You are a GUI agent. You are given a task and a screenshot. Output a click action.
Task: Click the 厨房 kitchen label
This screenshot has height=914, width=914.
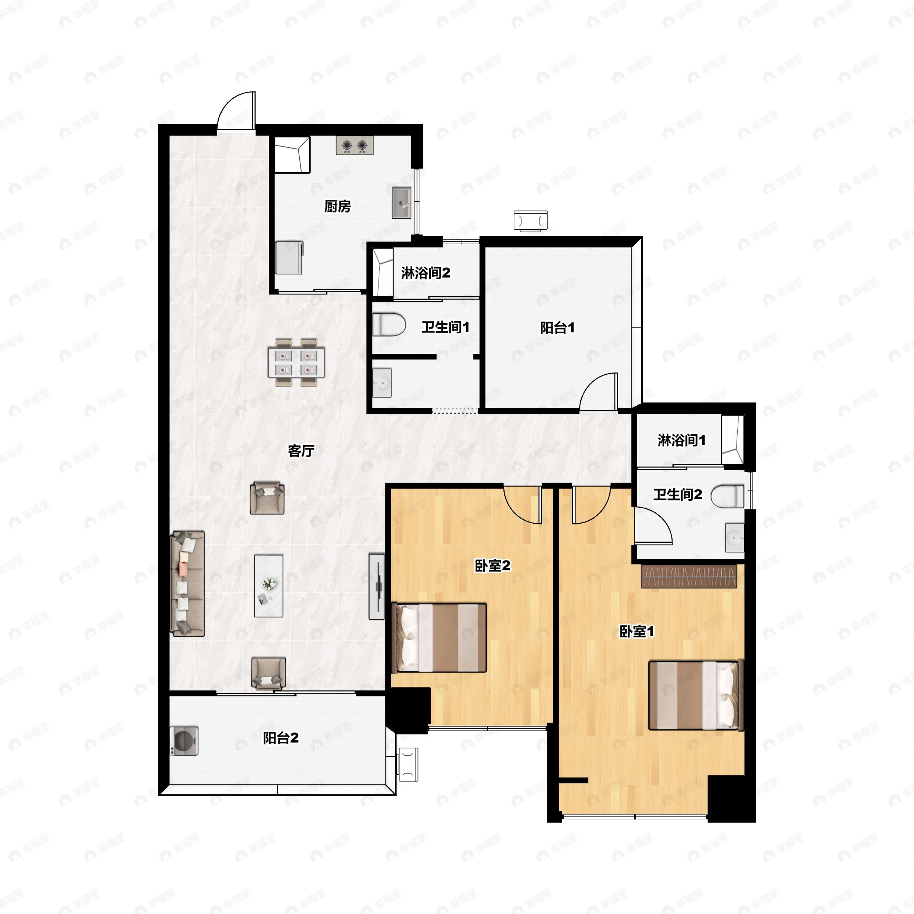coord(337,206)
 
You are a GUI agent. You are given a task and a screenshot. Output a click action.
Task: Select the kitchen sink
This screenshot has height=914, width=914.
coord(401,203)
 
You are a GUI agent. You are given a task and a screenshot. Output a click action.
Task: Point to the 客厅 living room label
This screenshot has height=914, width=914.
coord(301,451)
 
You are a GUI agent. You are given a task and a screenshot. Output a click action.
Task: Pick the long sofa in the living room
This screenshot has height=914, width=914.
coord(188,583)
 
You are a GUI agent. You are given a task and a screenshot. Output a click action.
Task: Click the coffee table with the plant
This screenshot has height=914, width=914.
coord(269,586)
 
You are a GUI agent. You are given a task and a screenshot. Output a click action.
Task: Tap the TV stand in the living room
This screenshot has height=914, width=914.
coord(377,586)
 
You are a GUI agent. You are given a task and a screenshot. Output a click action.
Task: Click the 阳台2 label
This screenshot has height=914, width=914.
coord(281,738)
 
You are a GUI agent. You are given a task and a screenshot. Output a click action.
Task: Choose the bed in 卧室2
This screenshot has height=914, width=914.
coord(439,637)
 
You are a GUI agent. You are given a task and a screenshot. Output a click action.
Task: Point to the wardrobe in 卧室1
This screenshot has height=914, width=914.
coord(689,576)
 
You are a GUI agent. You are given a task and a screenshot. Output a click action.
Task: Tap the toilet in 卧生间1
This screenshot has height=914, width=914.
coord(389,326)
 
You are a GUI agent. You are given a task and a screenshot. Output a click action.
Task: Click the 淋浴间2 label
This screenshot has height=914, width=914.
coord(426,273)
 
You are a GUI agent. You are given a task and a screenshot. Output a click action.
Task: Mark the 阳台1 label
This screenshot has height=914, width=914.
coord(557,328)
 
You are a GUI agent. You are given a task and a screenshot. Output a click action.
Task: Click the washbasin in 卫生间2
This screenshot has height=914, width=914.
coord(735,537)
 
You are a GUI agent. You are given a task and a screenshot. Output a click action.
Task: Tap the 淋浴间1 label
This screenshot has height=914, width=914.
coord(682,441)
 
